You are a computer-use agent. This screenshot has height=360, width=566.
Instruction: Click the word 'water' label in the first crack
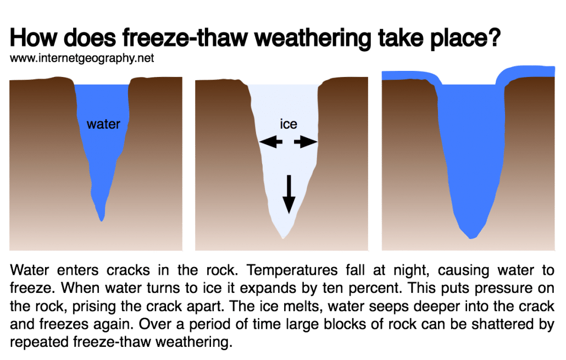(103, 124)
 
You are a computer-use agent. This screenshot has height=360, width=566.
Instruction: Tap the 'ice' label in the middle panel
(288, 124)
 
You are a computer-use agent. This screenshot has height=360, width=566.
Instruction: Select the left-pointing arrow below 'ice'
(271, 142)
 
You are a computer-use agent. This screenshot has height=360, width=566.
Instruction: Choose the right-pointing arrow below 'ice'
(306, 142)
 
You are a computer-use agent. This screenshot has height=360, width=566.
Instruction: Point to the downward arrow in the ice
(288, 196)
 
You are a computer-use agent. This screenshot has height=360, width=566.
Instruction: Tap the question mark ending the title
(492, 40)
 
